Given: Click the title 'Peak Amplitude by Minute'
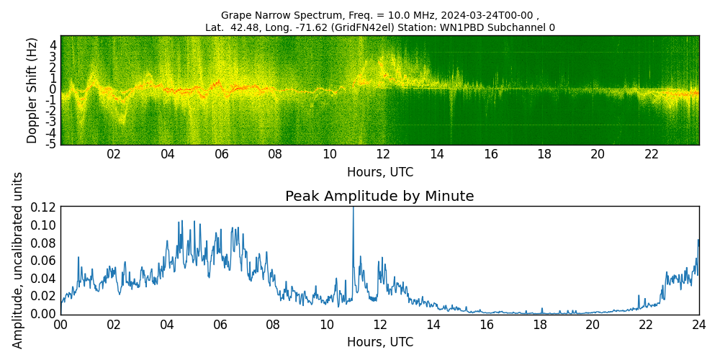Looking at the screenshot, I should (379, 197).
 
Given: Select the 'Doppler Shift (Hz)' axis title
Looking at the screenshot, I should (32, 90).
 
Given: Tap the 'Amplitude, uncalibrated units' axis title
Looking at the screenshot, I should (18, 260).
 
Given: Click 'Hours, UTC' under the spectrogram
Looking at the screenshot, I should (379, 173).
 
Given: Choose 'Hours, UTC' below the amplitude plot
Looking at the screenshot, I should (379, 342).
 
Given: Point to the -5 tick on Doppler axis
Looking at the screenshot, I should (51, 144).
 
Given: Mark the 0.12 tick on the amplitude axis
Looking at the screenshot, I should (44, 207).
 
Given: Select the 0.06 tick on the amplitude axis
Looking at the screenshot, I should (44, 261).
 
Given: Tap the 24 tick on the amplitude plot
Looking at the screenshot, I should (698, 324).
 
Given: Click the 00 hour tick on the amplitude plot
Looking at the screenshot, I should (61, 324).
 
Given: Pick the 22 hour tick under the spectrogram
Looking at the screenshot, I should (652, 154).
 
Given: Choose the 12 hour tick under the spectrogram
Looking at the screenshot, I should (383, 154).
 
